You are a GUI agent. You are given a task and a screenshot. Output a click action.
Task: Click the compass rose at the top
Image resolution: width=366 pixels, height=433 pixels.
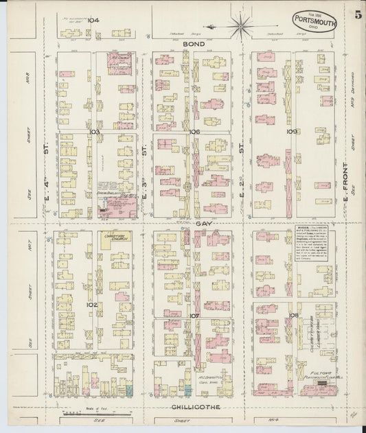coord(240,26)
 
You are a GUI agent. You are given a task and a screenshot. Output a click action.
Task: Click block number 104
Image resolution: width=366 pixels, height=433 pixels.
coord(93,21)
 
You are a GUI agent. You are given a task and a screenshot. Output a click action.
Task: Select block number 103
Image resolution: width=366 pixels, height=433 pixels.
coord(94,131)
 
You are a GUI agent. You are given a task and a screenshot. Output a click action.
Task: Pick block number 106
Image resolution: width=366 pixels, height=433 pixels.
coord(194,131)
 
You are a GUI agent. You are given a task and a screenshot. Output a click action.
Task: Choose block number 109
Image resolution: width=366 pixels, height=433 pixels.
coord(291,131)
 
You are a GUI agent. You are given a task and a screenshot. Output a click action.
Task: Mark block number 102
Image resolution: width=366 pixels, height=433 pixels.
coord(92,304)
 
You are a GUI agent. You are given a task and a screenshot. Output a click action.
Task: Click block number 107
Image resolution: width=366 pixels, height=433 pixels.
coord(194,316)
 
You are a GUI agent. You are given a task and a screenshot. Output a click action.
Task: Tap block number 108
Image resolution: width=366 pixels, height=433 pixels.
coord(294,316)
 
